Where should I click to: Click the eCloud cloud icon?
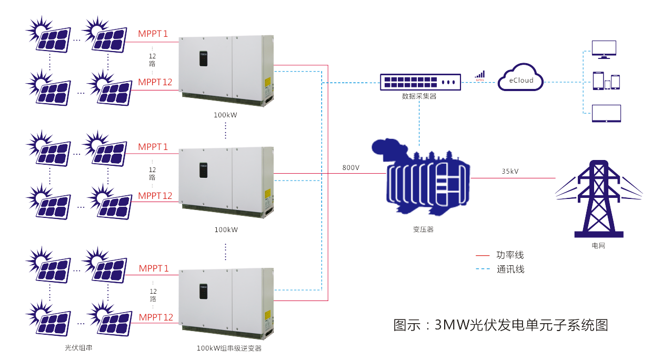coord(520,78)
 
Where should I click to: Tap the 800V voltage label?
coord(351,168)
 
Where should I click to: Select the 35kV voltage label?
coord(510,172)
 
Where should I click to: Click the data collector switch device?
coord(420,82)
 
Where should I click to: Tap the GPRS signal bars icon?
coord(480,75)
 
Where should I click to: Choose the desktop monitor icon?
coord(604,49)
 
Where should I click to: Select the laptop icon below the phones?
coord(606,113)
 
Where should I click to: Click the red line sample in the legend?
coord(483,256)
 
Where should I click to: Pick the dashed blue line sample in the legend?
coord(483,269)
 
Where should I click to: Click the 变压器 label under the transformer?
coord(423,229)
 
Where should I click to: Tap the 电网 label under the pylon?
coord(598,245)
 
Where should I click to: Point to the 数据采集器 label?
coord(419,96)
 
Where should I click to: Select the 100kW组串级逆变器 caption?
coord(229,348)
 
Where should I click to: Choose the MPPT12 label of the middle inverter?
coord(155,196)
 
